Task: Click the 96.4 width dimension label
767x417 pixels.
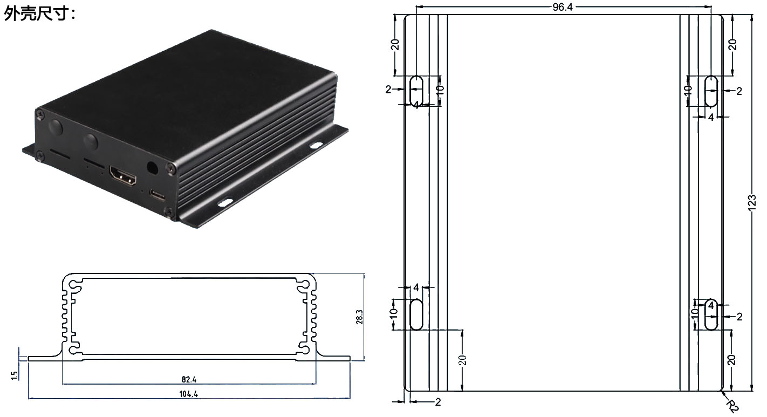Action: point(563,6)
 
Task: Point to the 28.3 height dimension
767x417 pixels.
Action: point(359,316)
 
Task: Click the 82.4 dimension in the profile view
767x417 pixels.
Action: point(189,380)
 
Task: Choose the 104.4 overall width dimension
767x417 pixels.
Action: point(189,394)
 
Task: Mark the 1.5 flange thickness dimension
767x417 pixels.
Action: point(15,374)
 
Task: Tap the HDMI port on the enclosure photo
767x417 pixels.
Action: point(122,176)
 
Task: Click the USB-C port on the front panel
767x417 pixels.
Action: point(157,195)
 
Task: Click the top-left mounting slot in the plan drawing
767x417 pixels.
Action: point(416,91)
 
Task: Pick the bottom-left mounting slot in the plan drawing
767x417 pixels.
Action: point(416,314)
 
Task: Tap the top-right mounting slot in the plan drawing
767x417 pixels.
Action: point(711,91)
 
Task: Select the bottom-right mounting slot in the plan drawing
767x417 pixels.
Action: point(711,314)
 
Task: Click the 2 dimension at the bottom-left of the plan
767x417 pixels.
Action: point(437,402)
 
